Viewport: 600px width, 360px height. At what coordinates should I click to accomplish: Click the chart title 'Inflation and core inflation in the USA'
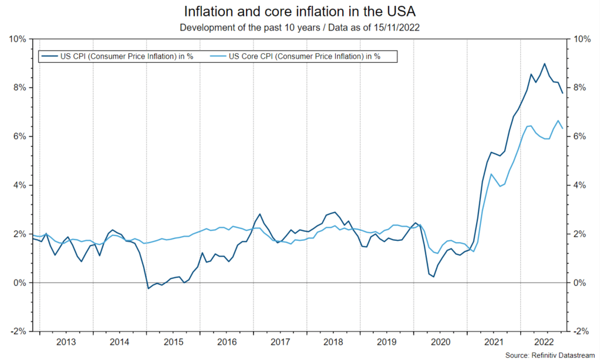coord(299,12)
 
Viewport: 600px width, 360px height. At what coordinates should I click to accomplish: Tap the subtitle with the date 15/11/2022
coord(299,28)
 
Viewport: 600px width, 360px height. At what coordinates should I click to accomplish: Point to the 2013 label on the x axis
coord(66,342)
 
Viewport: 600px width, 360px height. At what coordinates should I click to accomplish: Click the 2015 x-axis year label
coord(173,342)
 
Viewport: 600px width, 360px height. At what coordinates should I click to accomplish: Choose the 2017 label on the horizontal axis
coord(279,342)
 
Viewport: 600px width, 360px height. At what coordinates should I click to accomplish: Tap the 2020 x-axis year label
coord(440,342)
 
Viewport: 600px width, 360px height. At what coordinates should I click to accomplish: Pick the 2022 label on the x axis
coord(547,342)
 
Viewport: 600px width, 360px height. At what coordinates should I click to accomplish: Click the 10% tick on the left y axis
coord(16,39)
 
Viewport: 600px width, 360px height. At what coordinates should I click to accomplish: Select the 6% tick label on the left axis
coord(19,136)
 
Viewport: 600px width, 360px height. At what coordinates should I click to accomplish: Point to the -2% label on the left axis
coord(18,331)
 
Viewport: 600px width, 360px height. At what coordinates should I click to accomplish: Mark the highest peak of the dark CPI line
coord(545,63)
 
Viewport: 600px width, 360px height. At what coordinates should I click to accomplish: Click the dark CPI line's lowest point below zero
coord(148,288)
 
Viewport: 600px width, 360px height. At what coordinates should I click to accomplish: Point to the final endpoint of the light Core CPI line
coord(562,128)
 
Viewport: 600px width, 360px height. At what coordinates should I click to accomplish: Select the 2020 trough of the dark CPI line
coord(434,277)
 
